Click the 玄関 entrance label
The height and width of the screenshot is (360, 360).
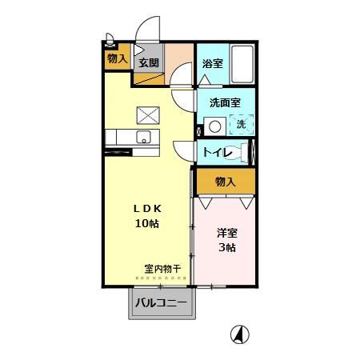click(x=148, y=62)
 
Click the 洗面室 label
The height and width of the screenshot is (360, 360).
click(x=225, y=102)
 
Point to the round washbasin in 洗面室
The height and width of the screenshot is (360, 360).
click(x=214, y=126)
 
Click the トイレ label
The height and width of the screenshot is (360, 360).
click(x=217, y=152)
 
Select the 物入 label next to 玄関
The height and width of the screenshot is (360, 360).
click(x=117, y=58)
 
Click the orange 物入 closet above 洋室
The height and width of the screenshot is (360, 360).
click(x=226, y=182)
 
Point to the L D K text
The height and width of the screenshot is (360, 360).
click(x=146, y=207)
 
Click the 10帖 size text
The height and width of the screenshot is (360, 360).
click(x=146, y=223)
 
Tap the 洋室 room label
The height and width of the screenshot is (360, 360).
click(x=226, y=233)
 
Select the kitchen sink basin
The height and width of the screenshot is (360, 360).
click(x=143, y=136)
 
